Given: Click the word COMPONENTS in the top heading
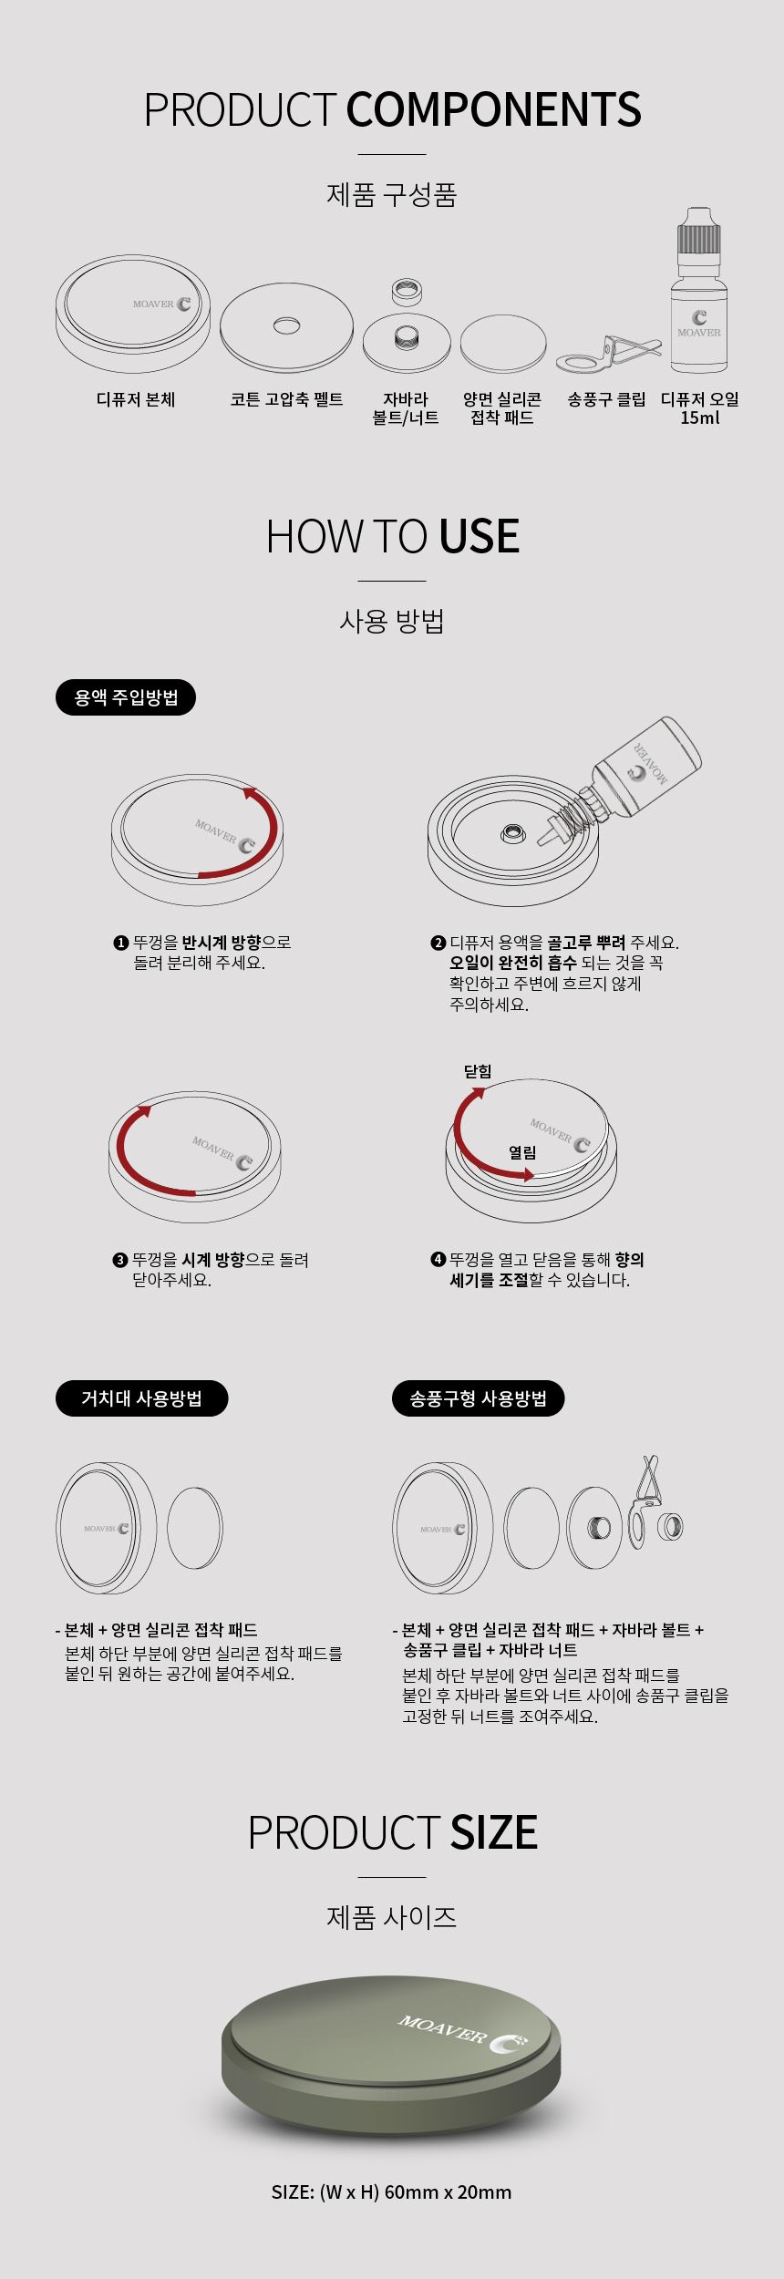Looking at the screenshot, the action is point(493,109).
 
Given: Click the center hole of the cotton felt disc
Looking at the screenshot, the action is point(287,325).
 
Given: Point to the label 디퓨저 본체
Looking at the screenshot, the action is point(136,399).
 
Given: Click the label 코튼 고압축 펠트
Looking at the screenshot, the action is point(286,399).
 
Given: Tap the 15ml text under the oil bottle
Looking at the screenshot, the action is point(700,418).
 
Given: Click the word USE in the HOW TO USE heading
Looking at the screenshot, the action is point(480,536).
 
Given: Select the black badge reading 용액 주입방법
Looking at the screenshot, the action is point(126,698).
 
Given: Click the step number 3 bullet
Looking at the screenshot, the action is point(119,1260).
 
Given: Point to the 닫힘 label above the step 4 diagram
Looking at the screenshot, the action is point(478,1071).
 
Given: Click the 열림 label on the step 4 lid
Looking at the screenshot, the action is point(522,1152).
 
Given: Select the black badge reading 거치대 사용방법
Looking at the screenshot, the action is point(141,1398).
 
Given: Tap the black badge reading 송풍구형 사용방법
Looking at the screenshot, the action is point(479,1398).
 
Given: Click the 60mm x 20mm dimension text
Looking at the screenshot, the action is point(448,2191).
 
